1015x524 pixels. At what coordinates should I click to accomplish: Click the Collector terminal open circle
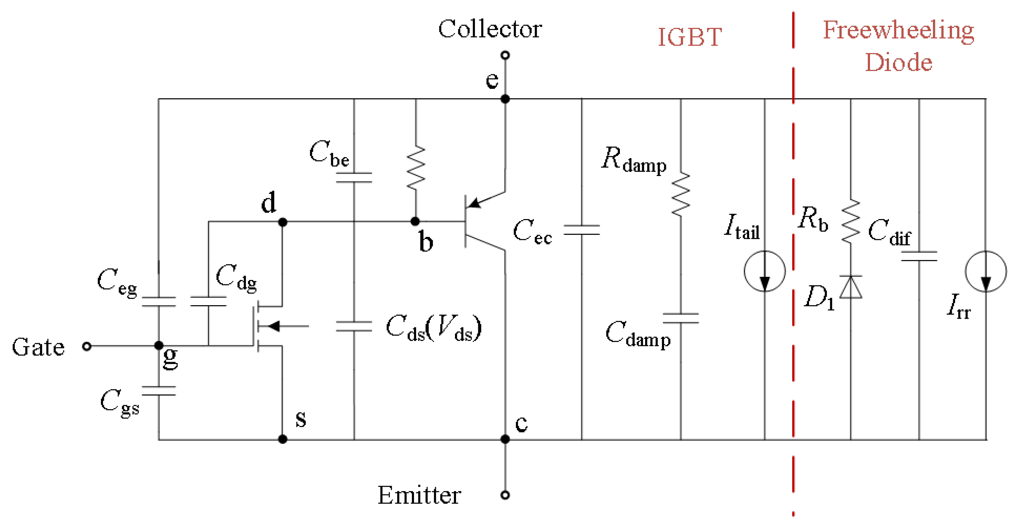point(505,55)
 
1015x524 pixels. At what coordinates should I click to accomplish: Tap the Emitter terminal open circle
point(505,495)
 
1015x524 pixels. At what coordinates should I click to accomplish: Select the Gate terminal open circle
point(87,346)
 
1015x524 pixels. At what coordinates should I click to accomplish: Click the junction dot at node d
point(282,222)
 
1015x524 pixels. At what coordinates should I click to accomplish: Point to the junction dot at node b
point(415,221)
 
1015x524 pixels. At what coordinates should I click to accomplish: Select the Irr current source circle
point(985,271)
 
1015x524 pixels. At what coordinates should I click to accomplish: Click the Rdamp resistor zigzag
point(680,194)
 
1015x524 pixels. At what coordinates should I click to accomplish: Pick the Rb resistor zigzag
point(851,221)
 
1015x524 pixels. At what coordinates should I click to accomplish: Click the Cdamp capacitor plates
point(680,318)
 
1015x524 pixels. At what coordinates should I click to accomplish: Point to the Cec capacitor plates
point(582,230)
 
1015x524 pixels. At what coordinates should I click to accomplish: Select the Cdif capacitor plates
point(919,256)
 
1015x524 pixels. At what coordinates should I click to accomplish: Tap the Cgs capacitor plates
point(159,391)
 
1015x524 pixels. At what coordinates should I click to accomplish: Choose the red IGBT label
point(690,37)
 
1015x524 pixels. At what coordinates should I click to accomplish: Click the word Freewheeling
point(898,30)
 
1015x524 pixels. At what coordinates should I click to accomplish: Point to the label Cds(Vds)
point(433,328)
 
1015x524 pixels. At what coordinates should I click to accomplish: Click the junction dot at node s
point(282,439)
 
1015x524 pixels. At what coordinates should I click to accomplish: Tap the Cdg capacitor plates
point(208,302)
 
